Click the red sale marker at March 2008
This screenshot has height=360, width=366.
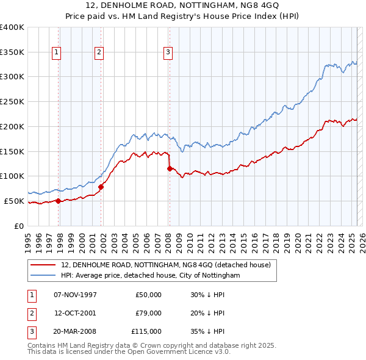coord(169,168)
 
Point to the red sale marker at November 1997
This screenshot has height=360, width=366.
coord(58,200)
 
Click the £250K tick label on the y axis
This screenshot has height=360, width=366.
coord(12,101)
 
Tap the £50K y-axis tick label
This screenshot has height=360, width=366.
coord(14,201)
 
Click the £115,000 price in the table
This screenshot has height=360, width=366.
coord(146,331)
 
